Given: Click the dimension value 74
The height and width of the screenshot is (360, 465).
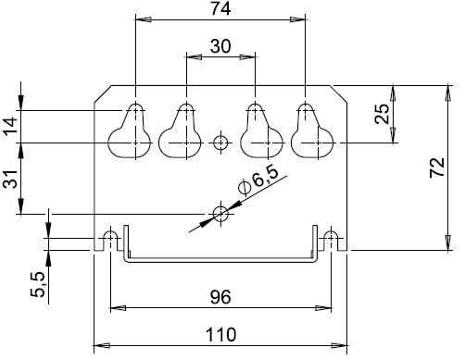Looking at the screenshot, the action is [x=220, y=8].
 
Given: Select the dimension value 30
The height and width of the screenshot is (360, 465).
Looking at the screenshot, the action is [x=220, y=46].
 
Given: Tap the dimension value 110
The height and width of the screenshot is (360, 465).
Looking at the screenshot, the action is [x=220, y=335].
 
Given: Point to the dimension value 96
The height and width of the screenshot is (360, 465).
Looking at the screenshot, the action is [x=220, y=297].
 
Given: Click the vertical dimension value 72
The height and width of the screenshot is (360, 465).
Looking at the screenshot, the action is [x=437, y=168].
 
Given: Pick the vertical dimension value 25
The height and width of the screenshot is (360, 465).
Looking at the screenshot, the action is [x=382, y=114].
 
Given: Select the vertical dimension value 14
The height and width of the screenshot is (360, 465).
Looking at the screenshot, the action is [x=10, y=127].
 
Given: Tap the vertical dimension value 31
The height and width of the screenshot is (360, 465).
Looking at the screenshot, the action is [x=10, y=179].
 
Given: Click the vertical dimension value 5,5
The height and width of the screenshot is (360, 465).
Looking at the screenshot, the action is [x=38, y=285].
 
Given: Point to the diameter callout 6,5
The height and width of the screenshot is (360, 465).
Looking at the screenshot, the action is [x=258, y=181].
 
